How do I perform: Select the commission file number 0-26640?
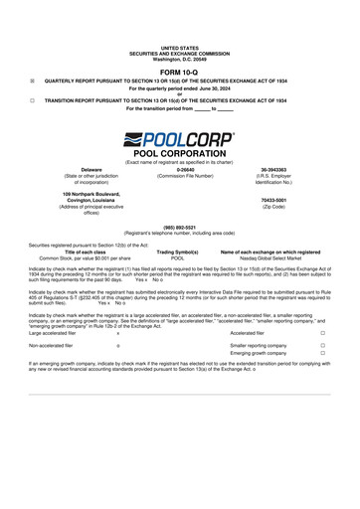click(179, 170)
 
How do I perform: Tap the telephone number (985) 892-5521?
click(179, 227)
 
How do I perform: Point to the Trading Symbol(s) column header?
click(179, 253)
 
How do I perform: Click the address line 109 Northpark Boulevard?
click(92, 193)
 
